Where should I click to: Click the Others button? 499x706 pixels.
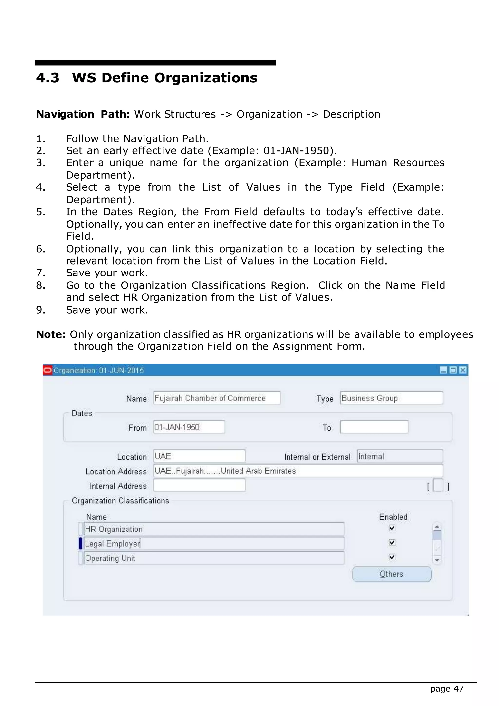[x=392, y=574]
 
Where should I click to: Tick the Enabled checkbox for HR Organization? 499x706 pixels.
[x=392, y=528]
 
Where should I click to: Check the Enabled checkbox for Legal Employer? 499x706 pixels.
[x=392, y=542]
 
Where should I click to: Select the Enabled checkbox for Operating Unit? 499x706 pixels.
[x=392, y=557]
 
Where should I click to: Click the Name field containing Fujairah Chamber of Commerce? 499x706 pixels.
[x=217, y=398]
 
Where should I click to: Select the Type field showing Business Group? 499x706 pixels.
[x=392, y=398]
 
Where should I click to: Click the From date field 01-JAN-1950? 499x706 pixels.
[x=189, y=427]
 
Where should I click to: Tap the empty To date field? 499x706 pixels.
[x=374, y=427]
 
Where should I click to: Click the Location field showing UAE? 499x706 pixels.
[x=199, y=456]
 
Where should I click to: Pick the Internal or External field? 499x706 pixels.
[x=400, y=456]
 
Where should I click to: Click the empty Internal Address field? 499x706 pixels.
[x=199, y=486]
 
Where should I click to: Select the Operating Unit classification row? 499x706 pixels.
[x=214, y=558]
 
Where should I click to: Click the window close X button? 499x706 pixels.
[x=463, y=370]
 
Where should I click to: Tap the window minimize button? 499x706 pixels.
[x=443, y=370]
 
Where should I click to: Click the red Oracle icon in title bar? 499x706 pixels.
[x=48, y=370]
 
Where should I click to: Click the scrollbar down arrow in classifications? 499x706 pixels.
[x=437, y=560]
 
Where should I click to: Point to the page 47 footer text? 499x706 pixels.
[x=447, y=689]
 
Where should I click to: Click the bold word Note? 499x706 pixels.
[x=51, y=334]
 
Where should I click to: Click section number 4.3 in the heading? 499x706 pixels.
[x=48, y=78]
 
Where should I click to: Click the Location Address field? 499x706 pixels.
[x=298, y=471]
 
